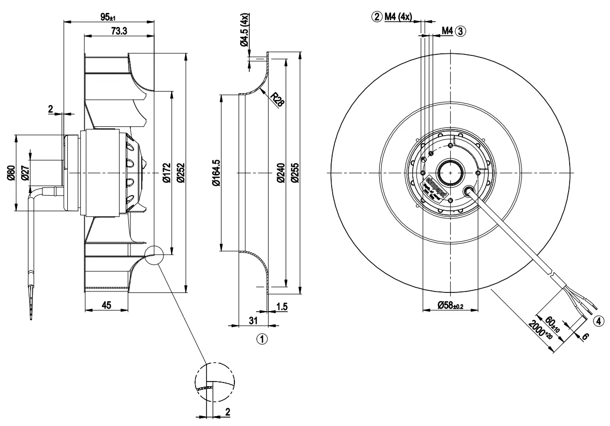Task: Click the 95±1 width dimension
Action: click(108, 17)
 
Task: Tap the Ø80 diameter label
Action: click(10, 173)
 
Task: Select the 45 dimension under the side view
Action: click(106, 305)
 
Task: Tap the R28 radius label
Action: click(278, 100)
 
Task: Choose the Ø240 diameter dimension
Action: click(280, 173)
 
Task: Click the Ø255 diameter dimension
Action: click(294, 173)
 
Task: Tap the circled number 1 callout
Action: click(262, 340)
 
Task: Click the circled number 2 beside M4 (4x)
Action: click(377, 17)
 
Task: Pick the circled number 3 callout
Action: click(461, 31)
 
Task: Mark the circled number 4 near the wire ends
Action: click(598, 321)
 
